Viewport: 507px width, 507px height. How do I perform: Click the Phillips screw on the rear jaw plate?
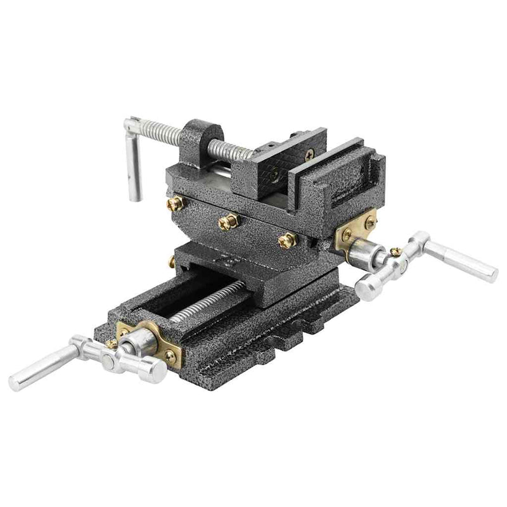(308, 152)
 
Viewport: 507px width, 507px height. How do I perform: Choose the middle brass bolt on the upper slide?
(228, 221)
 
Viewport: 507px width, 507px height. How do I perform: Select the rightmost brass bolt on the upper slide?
(286, 240)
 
